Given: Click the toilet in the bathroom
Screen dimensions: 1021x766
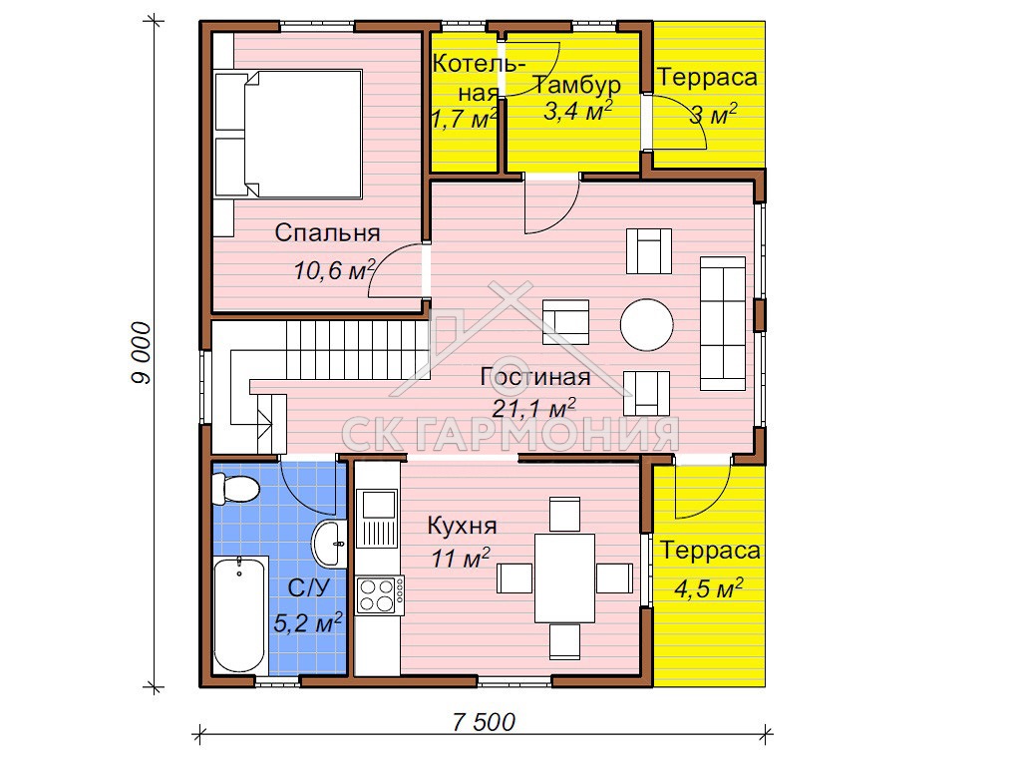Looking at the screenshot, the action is [x=235, y=489].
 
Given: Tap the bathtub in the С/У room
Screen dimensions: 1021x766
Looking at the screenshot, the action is [x=239, y=614].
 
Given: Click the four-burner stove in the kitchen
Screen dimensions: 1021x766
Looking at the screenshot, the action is [x=379, y=594].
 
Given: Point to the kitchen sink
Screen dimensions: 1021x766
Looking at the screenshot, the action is [x=376, y=519].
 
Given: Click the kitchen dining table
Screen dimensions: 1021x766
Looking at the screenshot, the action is [x=564, y=577].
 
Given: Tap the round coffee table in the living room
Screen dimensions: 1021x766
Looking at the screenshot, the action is [x=646, y=324].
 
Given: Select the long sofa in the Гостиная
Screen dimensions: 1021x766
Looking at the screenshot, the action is [x=723, y=323].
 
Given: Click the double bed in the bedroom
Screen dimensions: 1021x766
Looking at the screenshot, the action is [x=288, y=134].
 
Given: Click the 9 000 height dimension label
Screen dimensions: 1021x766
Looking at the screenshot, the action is [x=141, y=352].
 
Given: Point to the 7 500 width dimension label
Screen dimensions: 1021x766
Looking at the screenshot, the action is [x=484, y=722].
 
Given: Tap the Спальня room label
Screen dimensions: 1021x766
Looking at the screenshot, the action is [x=327, y=232].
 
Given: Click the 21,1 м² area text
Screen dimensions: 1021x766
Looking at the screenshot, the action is [x=533, y=408].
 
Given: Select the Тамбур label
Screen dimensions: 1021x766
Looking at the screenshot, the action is [x=577, y=85].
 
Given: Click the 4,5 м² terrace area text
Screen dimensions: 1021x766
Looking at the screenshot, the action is [x=709, y=588].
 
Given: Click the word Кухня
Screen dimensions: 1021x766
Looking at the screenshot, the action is [x=462, y=525].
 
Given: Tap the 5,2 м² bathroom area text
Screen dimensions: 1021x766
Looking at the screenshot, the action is [x=307, y=622].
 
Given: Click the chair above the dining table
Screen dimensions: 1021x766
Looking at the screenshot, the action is [x=564, y=514].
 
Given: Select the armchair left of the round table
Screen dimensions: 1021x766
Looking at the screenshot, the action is [x=566, y=322].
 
